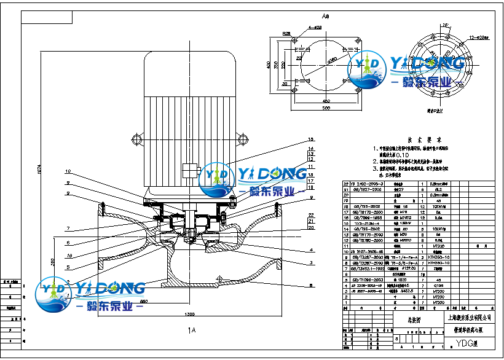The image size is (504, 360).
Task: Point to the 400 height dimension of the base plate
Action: click(268, 63)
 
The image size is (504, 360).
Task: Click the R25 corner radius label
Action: click(286, 34)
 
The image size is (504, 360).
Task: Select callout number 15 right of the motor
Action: click(311, 139)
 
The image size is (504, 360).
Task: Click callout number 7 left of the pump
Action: click(69, 229)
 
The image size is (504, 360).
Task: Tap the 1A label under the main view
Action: click(192, 330)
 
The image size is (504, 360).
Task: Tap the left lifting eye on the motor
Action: click(137, 136)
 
